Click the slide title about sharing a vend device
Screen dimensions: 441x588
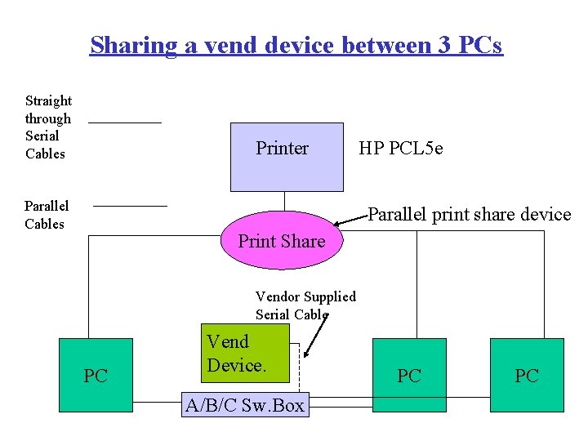[x=296, y=44]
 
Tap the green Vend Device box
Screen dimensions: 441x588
[x=245, y=353]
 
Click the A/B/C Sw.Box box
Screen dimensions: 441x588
[x=246, y=405]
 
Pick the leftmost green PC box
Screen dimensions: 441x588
[x=96, y=375]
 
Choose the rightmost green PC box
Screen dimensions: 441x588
[x=527, y=375]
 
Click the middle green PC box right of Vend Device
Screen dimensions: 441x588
[x=408, y=375]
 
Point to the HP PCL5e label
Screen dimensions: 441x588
[x=401, y=149]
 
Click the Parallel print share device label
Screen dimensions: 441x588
[x=470, y=215]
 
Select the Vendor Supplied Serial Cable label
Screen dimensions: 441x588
[x=305, y=305]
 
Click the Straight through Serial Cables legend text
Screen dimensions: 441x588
[x=48, y=127]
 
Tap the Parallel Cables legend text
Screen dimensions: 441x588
[x=47, y=215]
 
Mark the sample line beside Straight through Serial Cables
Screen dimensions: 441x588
[x=125, y=122]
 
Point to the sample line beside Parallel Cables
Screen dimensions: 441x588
[x=130, y=206]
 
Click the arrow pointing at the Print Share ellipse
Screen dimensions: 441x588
[x=351, y=219]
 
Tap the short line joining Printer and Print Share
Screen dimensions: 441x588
[x=284, y=201]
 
